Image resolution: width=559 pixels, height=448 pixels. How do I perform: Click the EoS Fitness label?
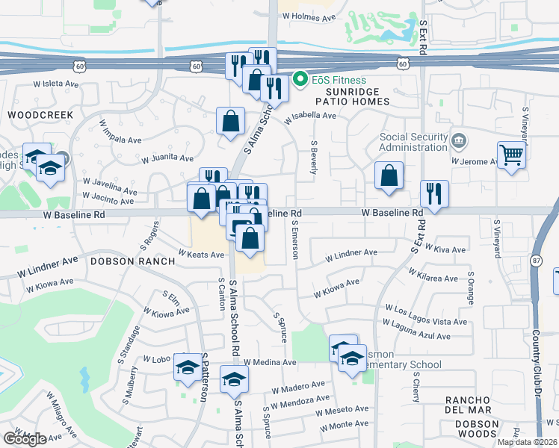pyautogui.click(x=340, y=80)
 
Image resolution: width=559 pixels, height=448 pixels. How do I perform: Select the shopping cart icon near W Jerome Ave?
pyautogui.click(x=512, y=155)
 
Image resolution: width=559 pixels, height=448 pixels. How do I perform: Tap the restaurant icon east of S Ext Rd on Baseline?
pyautogui.click(x=434, y=193)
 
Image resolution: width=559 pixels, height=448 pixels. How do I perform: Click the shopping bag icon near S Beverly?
pyautogui.click(x=389, y=176)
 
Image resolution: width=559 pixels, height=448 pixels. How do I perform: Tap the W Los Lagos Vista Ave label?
pyautogui.click(x=424, y=309)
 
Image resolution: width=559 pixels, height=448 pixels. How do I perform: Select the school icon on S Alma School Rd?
pyautogui.click(x=234, y=379)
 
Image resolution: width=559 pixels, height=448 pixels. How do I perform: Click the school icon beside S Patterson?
pyautogui.click(x=188, y=367)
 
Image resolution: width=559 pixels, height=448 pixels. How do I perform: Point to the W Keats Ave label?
pyautogui.click(x=200, y=255)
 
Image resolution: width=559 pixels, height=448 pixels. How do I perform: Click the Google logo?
pyautogui.click(x=25, y=439)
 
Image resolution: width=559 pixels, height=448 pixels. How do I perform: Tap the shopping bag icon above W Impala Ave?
pyautogui.click(x=230, y=119)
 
